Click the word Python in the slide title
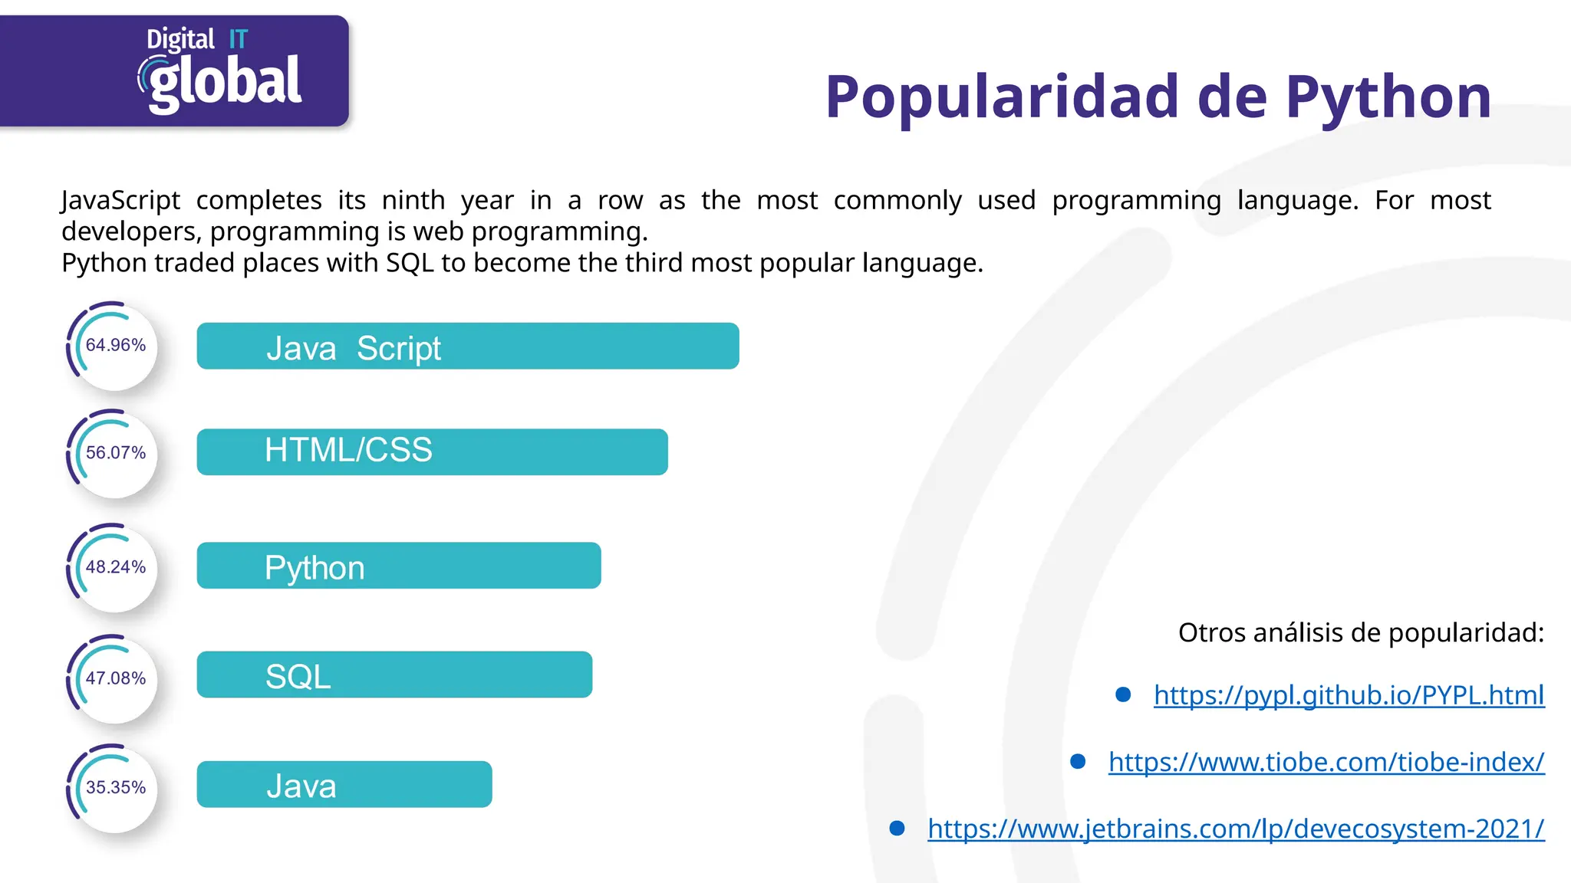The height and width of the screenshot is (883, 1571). click(x=1388, y=97)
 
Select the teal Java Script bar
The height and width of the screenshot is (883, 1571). click(x=468, y=346)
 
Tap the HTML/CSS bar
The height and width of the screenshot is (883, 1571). click(x=432, y=452)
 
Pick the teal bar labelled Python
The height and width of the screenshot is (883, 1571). click(x=399, y=566)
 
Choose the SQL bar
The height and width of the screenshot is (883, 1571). click(x=394, y=675)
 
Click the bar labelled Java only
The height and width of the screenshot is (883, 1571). click(x=344, y=784)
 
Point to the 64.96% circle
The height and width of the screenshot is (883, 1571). click(x=115, y=346)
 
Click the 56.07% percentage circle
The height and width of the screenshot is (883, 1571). click(x=115, y=453)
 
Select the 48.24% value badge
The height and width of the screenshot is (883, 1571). click(x=115, y=567)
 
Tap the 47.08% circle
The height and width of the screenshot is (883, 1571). click(x=115, y=678)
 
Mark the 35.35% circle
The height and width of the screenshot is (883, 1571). click(x=115, y=787)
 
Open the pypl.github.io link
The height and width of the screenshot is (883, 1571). click(x=1349, y=695)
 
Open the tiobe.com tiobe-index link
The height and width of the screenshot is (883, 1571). click(x=1326, y=762)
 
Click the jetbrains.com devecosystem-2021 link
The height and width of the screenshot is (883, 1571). click(x=1236, y=829)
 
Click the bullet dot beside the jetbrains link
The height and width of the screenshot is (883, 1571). click(x=897, y=828)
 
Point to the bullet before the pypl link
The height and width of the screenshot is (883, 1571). click(x=1123, y=694)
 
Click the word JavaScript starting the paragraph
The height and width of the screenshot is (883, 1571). click(x=120, y=201)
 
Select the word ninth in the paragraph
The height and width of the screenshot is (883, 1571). click(x=413, y=201)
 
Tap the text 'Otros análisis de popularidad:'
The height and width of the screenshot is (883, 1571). click(x=1361, y=633)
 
